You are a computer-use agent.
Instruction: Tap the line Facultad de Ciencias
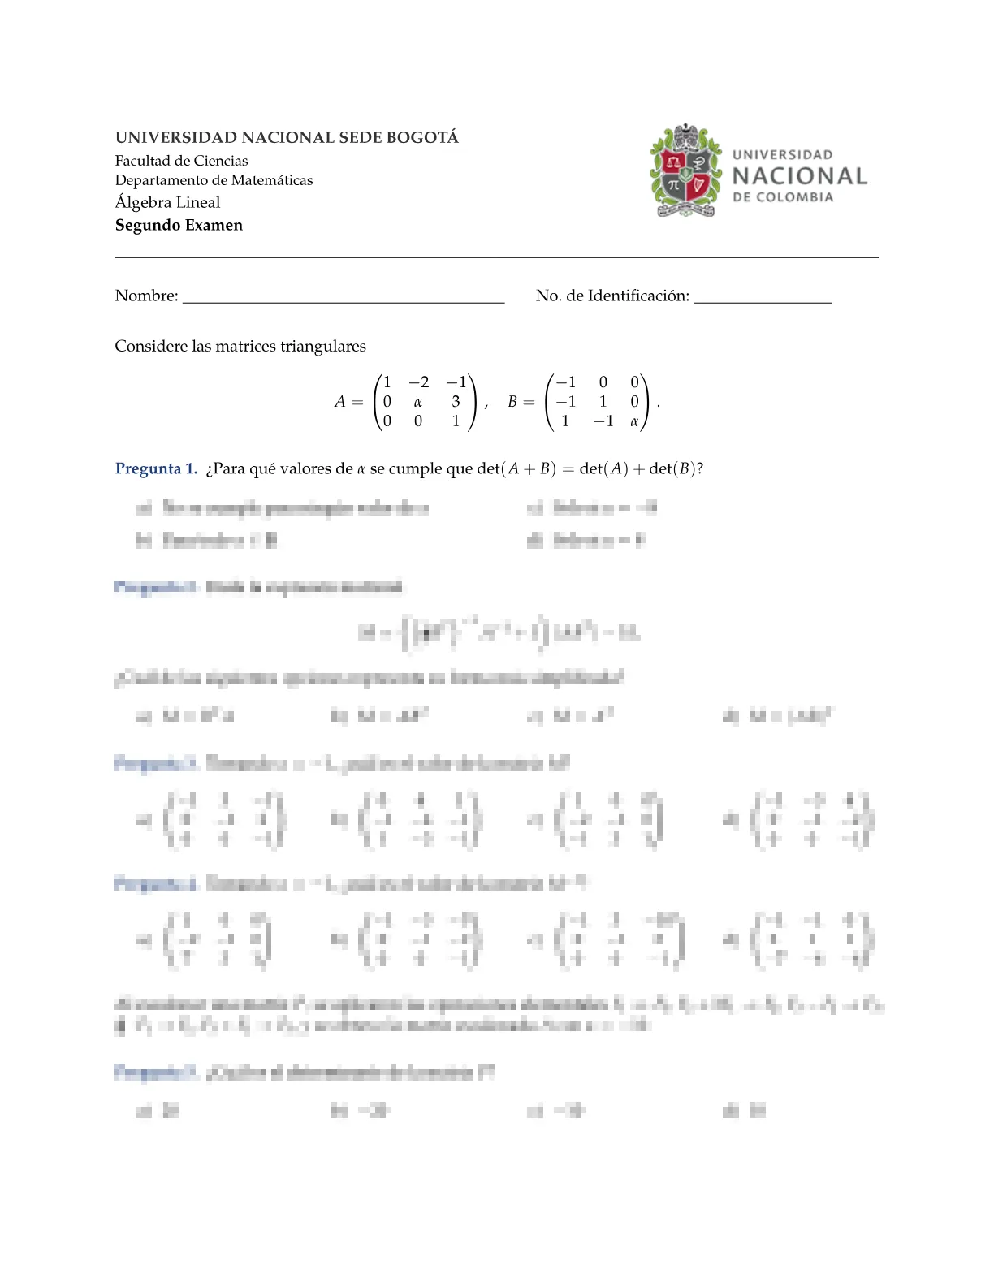(181, 161)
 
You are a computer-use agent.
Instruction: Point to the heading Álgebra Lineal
(167, 202)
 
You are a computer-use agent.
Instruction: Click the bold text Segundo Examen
(179, 225)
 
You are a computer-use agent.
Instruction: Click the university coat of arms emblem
(686, 171)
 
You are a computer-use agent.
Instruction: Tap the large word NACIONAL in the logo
(799, 176)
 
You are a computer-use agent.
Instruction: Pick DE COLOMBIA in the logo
(783, 197)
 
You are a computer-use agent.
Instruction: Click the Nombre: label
(146, 296)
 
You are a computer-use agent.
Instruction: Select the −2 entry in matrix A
(418, 382)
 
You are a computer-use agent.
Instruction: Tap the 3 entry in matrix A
(456, 402)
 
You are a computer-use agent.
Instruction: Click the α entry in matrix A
(417, 402)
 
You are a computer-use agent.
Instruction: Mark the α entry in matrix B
(634, 421)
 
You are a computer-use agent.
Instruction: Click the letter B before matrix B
(512, 402)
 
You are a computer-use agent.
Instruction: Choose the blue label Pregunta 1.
(156, 468)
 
